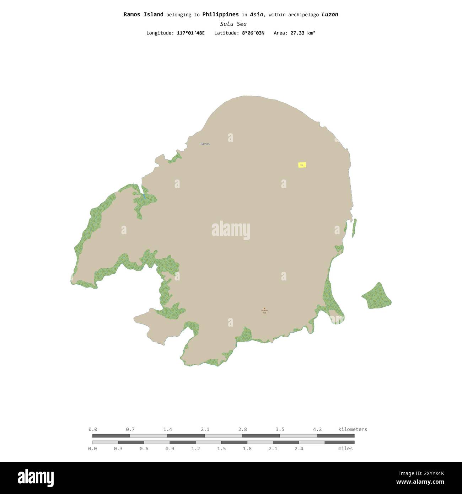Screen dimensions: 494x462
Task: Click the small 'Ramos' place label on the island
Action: (205, 144)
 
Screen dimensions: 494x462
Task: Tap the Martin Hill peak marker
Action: (264, 309)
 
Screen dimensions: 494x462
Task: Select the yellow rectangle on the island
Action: (302, 165)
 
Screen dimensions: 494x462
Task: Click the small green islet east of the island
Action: (377, 296)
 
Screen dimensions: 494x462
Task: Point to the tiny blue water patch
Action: (144, 196)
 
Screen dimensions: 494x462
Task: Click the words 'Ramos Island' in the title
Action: (143, 15)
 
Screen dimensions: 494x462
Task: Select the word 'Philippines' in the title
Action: (220, 15)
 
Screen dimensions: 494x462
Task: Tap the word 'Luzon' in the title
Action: (330, 15)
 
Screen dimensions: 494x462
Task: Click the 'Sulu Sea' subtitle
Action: (233, 24)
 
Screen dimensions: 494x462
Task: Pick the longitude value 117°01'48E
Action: (190, 33)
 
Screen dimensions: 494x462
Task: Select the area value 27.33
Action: (297, 33)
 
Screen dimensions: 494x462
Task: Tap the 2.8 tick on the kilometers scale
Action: (242, 430)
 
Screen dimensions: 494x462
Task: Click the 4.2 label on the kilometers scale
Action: (317, 429)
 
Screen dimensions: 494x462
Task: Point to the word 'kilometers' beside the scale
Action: (353, 429)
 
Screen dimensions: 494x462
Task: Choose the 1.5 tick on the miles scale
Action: (221, 449)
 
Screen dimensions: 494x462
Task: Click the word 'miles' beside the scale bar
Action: (345, 449)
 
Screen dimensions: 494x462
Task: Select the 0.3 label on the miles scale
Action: (118, 449)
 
